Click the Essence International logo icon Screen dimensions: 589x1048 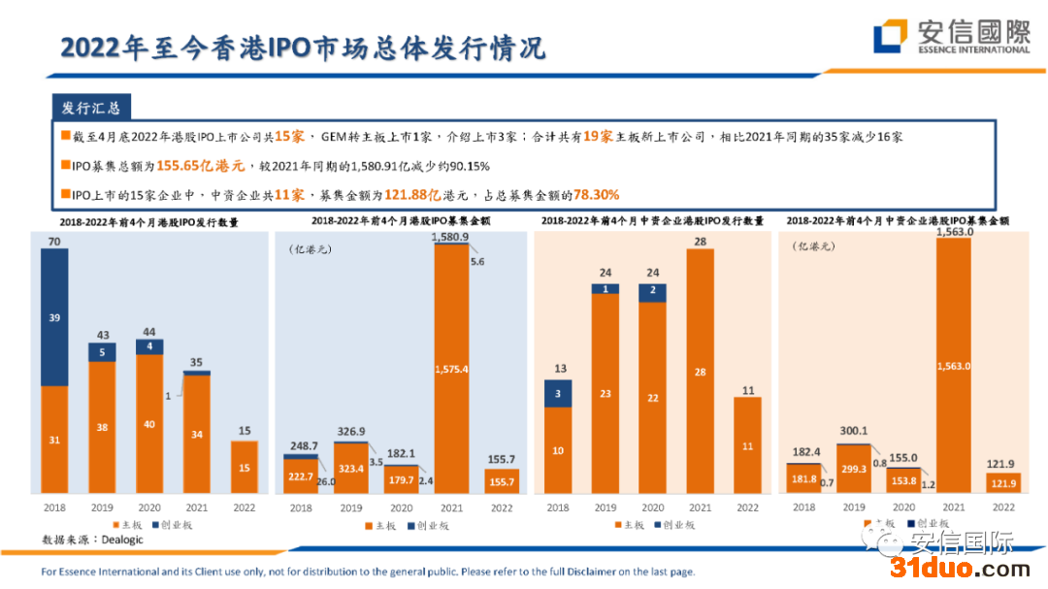pyautogui.click(x=890, y=36)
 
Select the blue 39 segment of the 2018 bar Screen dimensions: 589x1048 pyautogui.click(x=54, y=317)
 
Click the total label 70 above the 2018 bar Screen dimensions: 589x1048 pyautogui.click(x=54, y=241)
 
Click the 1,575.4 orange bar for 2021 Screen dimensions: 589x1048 pyautogui.click(x=452, y=369)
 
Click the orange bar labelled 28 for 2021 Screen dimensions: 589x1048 pyautogui.click(x=700, y=372)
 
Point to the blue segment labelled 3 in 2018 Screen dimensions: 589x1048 pyautogui.click(x=558, y=393)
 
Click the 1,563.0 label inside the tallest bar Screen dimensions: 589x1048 pyautogui.click(x=954, y=366)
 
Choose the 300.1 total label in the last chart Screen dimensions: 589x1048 pyautogui.click(x=853, y=431)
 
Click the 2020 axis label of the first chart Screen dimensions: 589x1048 pyautogui.click(x=149, y=507)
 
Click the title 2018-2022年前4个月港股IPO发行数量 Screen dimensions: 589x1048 pyautogui.click(x=148, y=222)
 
